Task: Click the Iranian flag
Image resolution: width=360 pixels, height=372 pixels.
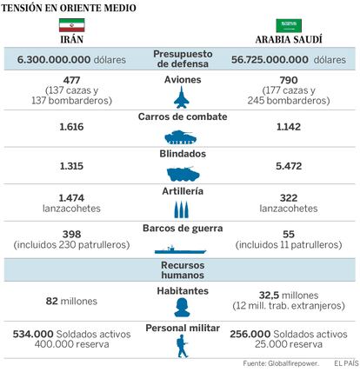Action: click(72, 25)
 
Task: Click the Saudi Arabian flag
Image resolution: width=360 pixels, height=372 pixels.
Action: click(289, 25)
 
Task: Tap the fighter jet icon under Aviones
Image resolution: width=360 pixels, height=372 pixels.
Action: click(182, 97)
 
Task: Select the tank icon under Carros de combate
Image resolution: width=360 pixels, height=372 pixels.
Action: click(181, 137)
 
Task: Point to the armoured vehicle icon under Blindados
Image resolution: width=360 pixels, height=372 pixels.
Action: click(183, 174)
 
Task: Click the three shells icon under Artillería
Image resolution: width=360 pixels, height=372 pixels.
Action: click(182, 209)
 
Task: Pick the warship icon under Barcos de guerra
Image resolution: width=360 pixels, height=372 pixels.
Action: click(180, 249)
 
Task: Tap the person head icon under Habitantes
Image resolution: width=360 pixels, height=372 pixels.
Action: click(183, 308)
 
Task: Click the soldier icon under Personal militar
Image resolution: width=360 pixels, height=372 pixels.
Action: click(183, 346)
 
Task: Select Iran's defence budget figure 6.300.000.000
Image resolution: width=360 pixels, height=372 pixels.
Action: click(54, 60)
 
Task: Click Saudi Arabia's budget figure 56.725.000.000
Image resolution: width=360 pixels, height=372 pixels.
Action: click(270, 60)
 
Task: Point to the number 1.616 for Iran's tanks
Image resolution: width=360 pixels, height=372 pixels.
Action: click(71, 127)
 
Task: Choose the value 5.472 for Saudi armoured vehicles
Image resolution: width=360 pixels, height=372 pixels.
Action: click(289, 166)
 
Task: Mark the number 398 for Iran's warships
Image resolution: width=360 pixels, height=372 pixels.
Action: click(71, 234)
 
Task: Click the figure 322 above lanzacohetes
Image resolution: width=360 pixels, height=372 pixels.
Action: click(289, 198)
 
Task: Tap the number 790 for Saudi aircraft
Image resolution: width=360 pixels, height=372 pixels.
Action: click(289, 80)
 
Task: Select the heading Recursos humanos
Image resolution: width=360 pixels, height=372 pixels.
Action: click(183, 270)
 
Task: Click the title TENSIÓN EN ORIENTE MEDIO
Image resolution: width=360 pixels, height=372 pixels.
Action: click(69, 8)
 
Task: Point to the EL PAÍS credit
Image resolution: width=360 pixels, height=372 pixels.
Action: click(347, 363)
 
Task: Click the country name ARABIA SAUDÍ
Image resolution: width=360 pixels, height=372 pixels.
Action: click(289, 40)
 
